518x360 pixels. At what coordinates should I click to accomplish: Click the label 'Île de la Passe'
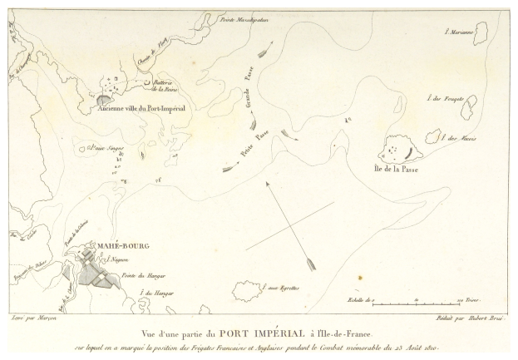[396, 169]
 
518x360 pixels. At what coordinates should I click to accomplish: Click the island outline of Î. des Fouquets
[470, 104]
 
